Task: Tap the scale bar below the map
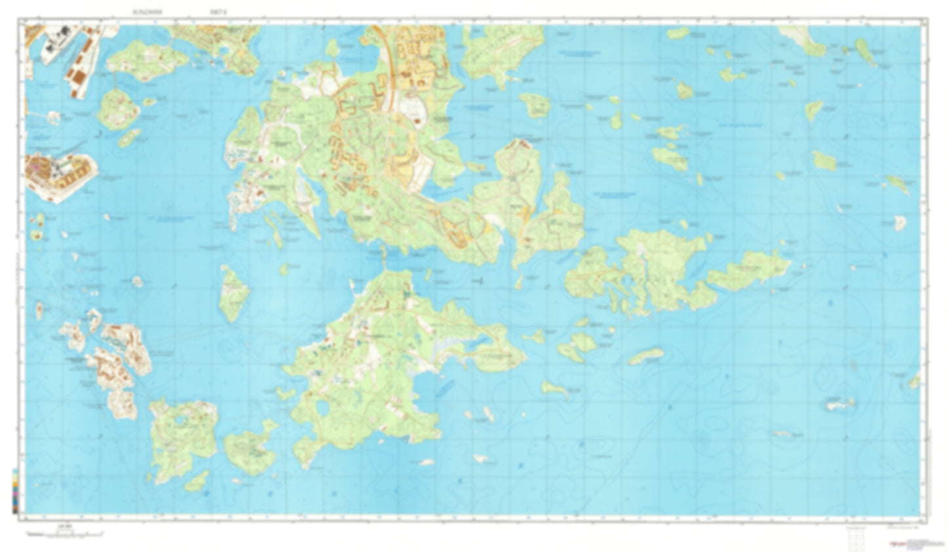(x=64, y=533)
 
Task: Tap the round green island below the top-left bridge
(x=118, y=109)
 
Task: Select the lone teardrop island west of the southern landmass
(x=233, y=293)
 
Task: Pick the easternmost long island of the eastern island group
(x=750, y=269)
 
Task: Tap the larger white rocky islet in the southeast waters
(x=841, y=404)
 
